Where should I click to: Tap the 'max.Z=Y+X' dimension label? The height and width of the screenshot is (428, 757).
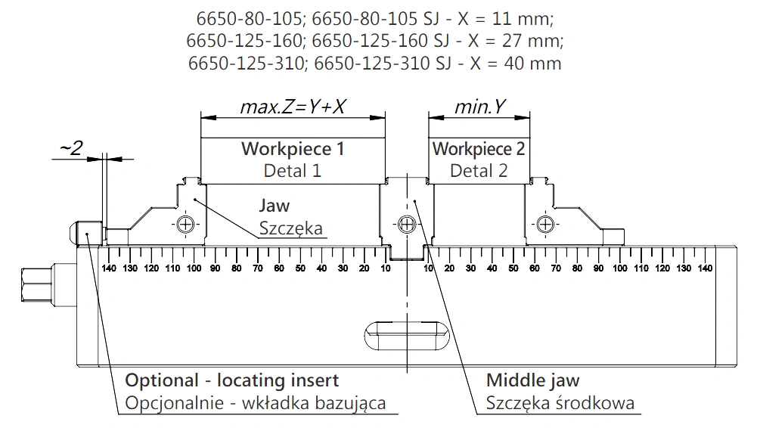point(293,107)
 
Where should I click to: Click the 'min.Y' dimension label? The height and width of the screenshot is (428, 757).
point(479,107)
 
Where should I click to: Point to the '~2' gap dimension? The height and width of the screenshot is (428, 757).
point(71,147)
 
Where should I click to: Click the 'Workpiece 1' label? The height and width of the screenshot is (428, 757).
point(293,149)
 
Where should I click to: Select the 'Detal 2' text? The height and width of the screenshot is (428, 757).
point(479,170)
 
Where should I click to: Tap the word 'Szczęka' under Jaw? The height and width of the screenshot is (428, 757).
point(290,228)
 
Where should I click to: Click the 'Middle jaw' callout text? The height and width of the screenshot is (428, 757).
point(532,380)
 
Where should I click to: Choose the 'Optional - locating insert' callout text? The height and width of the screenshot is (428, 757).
point(231,380)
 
